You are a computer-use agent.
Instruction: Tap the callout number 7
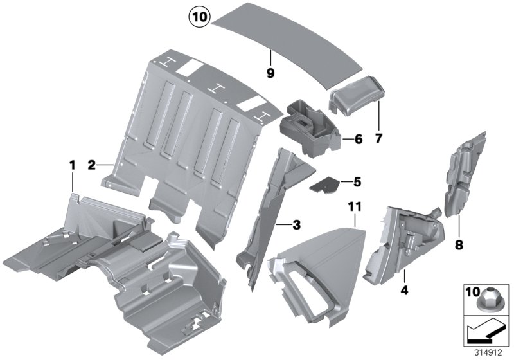pos(378,138)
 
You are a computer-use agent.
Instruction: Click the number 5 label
pos(357,182)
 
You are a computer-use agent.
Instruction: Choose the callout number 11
pos(355,207)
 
